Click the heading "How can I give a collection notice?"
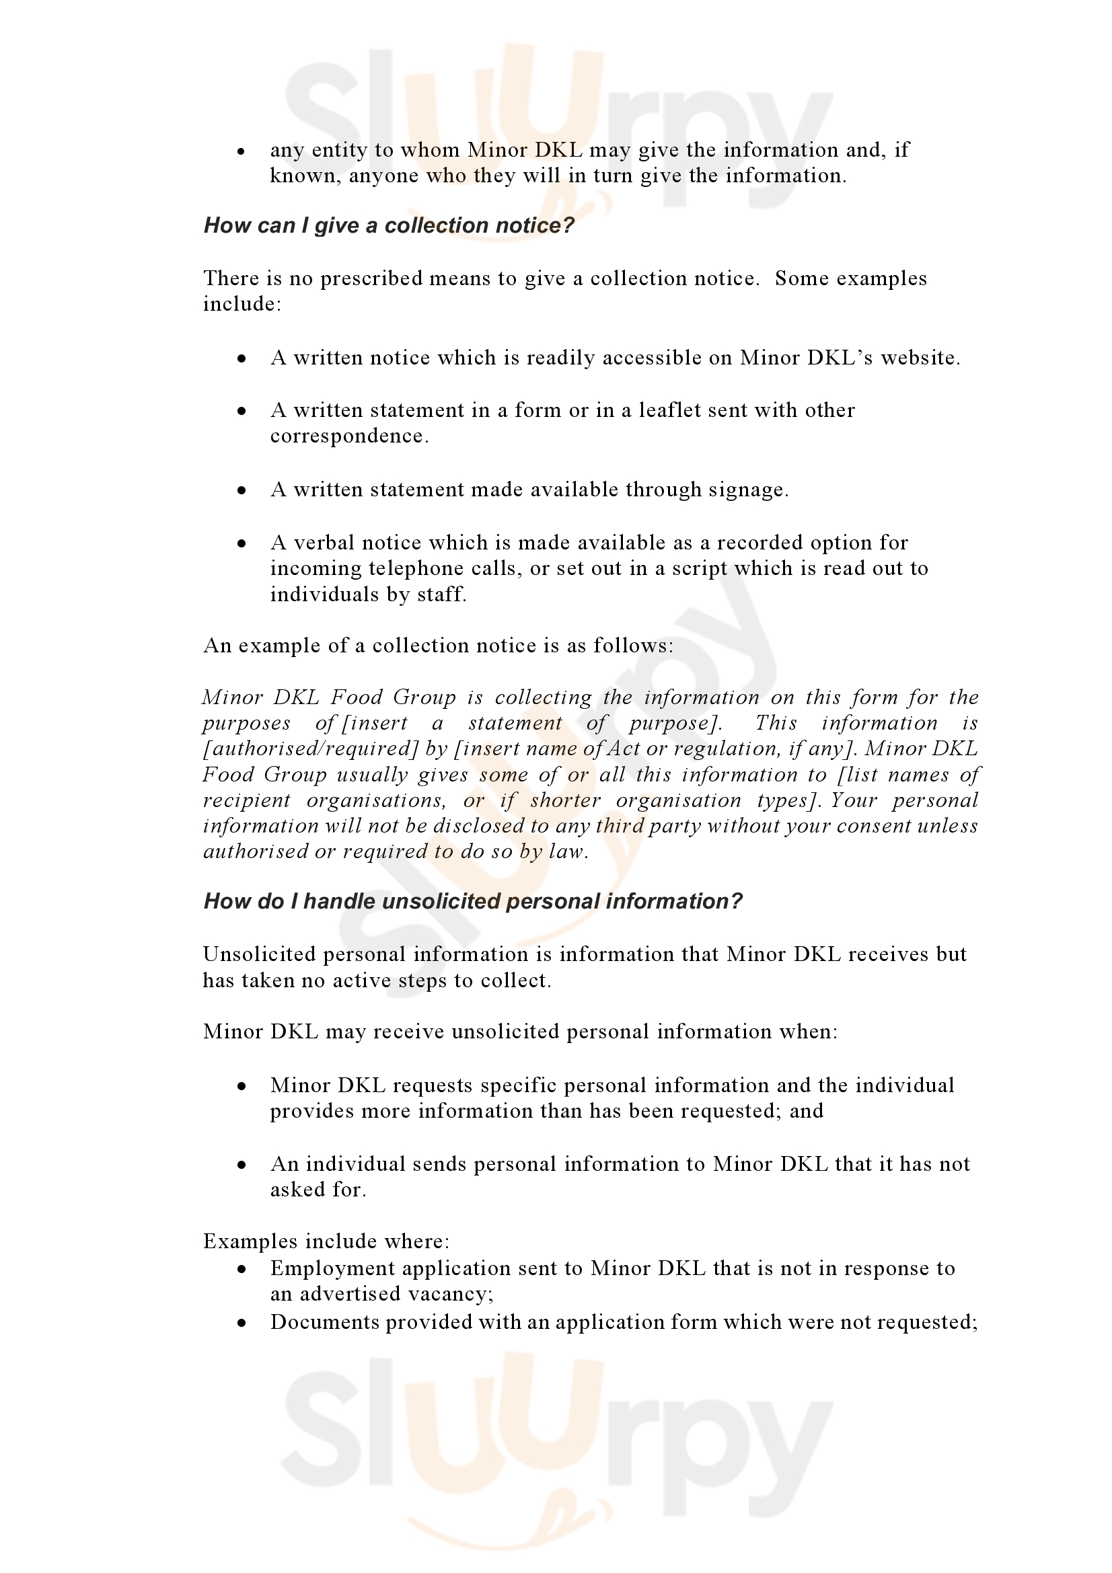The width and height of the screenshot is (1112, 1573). coord(388,225)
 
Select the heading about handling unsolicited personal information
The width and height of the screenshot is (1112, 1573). coord(473,902)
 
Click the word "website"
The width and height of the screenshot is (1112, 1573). coord(918,358)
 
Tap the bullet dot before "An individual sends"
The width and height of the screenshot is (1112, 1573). coord(242,1165)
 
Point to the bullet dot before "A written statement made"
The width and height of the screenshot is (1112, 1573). coord(242,490)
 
